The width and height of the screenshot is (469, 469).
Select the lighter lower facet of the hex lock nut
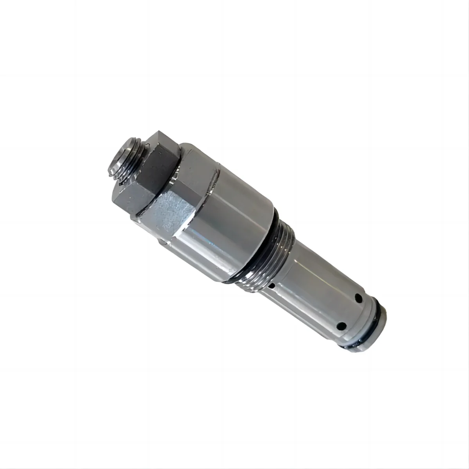[129, 196]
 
